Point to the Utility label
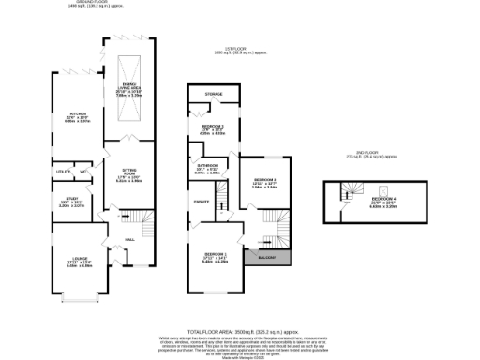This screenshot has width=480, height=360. pyautogui.click(x=64, y=172)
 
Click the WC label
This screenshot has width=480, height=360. pyautogui.click(x=83, y=172)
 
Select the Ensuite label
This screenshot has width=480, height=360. pyautogui.click(x=201, y=201)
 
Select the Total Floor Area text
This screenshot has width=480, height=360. pyautogui.click(x=239, y=332)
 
